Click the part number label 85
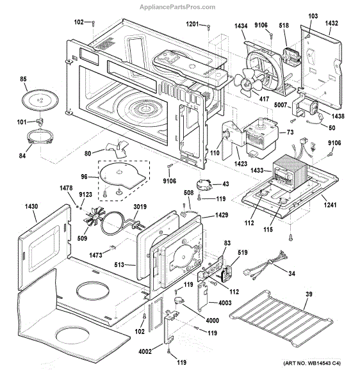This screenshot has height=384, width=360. click(x=23, y=79)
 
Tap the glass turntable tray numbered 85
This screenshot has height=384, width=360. click(x=40, y=100)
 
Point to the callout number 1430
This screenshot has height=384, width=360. click(x=31, y=207)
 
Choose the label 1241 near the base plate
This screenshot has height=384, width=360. click(x=330, y=205)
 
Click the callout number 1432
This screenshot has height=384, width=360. click(x=332, y=23)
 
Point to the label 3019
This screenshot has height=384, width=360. click(x=140, y=207)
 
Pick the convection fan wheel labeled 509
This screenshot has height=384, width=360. click(x=94, y=216)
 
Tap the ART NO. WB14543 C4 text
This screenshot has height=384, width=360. click(x=312, y=363)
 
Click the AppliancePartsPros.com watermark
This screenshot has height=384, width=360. click(x=177, y=7)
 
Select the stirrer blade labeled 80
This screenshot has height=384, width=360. click(x=117, y=148)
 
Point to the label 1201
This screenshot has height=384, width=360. click(x=192, y=24)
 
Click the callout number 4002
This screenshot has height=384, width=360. click(x=145, y=351)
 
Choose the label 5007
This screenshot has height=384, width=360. click(x=281, y=105)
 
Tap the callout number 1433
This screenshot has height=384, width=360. click(x=257, y=170)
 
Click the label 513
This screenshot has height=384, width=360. click(x=119, y=265)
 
